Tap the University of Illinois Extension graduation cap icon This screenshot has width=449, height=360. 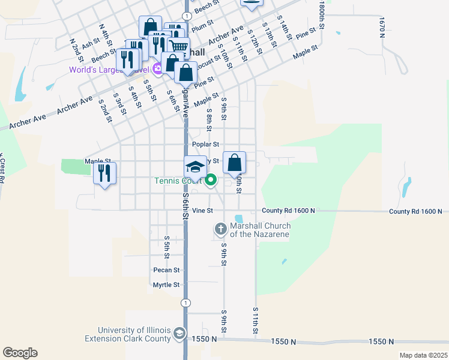[x=179, y=333]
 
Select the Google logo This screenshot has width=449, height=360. [x=20, y=353]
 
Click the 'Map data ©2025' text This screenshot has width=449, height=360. [x=423, y=355]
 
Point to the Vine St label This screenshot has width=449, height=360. [x=203, y=211]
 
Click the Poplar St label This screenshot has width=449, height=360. [x=206, y=145]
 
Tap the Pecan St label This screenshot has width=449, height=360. [x=166, y=270]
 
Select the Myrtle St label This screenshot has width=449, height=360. [x=166, y=285]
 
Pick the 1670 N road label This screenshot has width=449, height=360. [x=382, y=27]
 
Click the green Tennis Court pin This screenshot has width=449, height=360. [x=211, y=179]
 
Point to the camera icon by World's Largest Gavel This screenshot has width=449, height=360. [x=157, y=68]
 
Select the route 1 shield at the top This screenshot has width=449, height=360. [x=188, y=16]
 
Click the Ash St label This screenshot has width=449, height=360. [x=90, y=44]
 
